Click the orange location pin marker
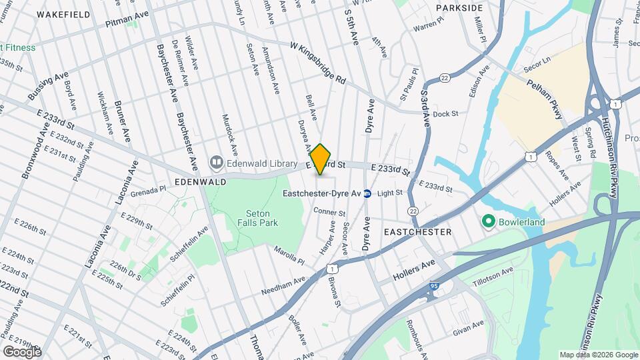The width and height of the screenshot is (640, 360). [x=321, y=159]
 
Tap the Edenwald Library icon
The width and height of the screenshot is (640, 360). [x=216, y=162]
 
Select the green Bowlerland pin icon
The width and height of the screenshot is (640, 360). [x=488, y=221]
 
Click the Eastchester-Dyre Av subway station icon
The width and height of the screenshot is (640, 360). [x=367, y=193]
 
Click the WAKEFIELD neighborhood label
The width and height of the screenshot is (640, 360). [x=63, y=14]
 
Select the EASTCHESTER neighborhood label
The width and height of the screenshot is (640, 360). [x=418, y=231]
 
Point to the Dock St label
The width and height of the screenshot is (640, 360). [x=445, y=114]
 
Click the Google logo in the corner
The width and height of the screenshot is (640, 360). [x=22, y=351]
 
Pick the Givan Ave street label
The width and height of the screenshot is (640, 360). [x=468, y=326]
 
